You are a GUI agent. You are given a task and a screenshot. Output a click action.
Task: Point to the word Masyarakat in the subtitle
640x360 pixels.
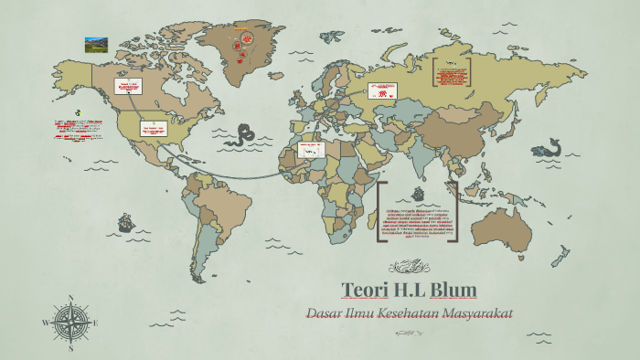(478, 313)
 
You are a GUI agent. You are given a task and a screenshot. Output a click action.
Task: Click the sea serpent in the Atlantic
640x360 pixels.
(244, 134)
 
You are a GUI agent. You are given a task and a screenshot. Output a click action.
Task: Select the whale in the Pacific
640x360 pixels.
(548, 146)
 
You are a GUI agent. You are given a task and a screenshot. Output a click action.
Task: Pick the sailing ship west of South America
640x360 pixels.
(125, 222)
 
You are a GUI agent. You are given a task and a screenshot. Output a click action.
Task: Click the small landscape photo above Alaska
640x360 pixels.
(96, 44)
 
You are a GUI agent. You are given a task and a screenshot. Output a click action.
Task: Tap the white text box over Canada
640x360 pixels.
(128, 88)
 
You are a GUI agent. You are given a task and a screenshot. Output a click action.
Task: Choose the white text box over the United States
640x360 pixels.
(154, 129)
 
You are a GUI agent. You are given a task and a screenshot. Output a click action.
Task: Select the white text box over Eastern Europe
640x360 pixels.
(381, 91)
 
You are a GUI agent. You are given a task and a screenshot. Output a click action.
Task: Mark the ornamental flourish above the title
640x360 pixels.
(409, 267)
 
